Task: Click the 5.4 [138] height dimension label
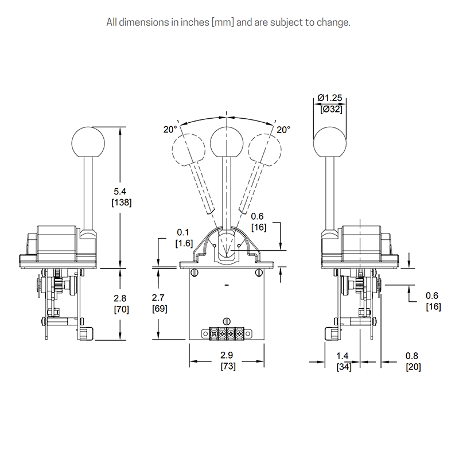pyautogui.click(x=122, y=197)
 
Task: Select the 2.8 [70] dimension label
pyautogui.click(x=121, y=304)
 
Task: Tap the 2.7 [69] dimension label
pyautogui.click(x=160, y=304)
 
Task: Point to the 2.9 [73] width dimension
pyautogui.click(x=228, y=361)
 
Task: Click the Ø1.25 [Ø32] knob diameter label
pyautogui.click(x=330, y=103)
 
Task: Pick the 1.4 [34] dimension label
pyautogui.click(x=343, y=361)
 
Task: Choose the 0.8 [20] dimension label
pyautogui.click(x=413, y=361)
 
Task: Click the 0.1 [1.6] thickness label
pyautogui.click(x=184, y=238)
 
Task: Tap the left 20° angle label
pyautogui.click(x=170, y=130)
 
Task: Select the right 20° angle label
pyautogui.click(x=283, y=130)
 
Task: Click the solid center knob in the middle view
pyautogui.click(x=227, y=143)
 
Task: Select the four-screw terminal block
pyautogui.click(x=227, y=333)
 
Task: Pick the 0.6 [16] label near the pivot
pyautogui.click(x=259, y=222)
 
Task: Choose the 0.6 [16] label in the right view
pyautogui.click(x=433, y=301)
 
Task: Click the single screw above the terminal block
pyautogui.click(x=227, y=321)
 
